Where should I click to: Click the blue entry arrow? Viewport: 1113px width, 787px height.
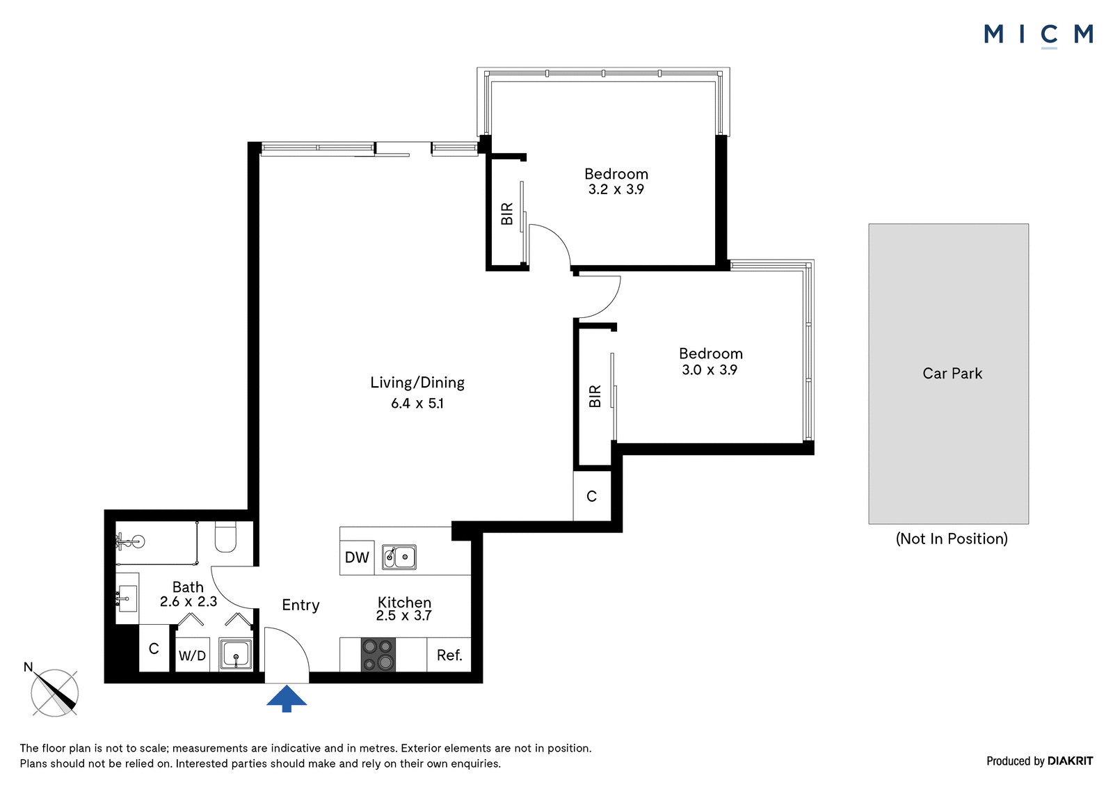(287, 699)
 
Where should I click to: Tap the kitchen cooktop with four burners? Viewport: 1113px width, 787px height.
(378, 655)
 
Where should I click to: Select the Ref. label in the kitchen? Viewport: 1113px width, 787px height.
(449, 655)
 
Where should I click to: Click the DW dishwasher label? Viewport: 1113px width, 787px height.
(357, 557)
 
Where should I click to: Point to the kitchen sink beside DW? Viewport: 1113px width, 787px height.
(399, 557)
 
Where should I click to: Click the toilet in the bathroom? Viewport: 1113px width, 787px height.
(225, 536)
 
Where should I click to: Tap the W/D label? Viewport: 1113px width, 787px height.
(192, 655)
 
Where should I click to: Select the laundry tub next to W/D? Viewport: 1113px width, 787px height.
(236, 654)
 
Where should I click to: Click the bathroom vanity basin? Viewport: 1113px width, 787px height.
(127, 598)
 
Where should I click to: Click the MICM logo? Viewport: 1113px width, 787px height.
(1039, 35)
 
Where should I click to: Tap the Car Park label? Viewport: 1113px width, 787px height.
(952, 374)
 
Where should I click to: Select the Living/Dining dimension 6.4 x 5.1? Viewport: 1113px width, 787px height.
(417, 403)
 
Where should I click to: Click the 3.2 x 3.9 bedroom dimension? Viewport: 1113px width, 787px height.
(616, 189)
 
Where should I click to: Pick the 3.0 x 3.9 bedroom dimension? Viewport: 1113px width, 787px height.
(710, 370)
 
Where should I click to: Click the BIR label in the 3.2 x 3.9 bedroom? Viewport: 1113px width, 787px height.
(507, 214)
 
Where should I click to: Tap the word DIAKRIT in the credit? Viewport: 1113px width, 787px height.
(1071, 761)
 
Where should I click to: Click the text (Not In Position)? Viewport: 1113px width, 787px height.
(952, 539)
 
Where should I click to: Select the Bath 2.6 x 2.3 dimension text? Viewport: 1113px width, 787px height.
(189, 602)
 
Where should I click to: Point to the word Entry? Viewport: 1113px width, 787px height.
(301, 605)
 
